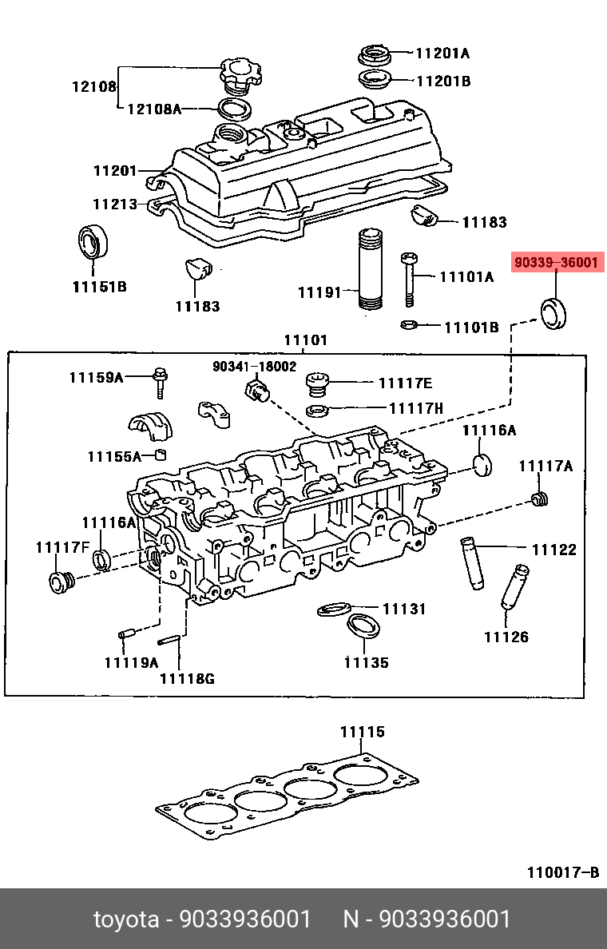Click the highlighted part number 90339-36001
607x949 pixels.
pos(557,263)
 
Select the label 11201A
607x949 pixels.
pos(442,54)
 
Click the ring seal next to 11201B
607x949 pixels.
pos(373,80)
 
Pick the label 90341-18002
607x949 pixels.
pos(254,367)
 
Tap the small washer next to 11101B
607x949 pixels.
pos(407,325)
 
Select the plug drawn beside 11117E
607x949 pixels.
pos(319,385)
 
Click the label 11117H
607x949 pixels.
pos(415,408)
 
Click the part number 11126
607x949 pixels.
pos(506,637)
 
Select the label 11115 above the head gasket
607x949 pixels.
pos(362,731)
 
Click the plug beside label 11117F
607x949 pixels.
pos(60,582)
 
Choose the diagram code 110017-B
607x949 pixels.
pos(561,872)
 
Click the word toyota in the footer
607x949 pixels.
pos(125,919)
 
